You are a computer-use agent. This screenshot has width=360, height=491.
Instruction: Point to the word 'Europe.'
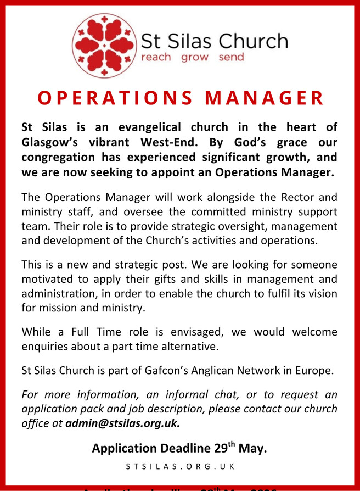[x=312, y=370]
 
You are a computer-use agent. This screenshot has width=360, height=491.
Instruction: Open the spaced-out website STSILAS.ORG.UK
[x=180, y=467]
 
